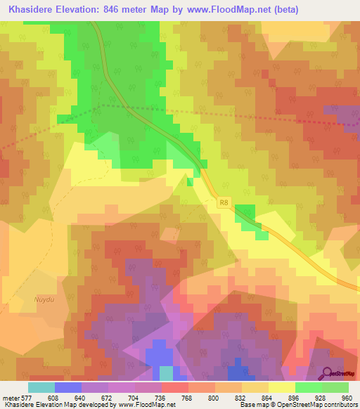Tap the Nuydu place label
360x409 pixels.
pyautogui.click(x=44, y=299)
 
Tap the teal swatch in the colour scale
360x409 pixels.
pyautogui.click(x=41, y=387)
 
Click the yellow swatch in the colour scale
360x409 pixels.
pyautogui.click(x=281, y=387)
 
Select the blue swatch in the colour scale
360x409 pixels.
pyautogui.click(x=68, y=387)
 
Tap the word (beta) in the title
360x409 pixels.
pyautogui.click(x=281, y=10)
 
